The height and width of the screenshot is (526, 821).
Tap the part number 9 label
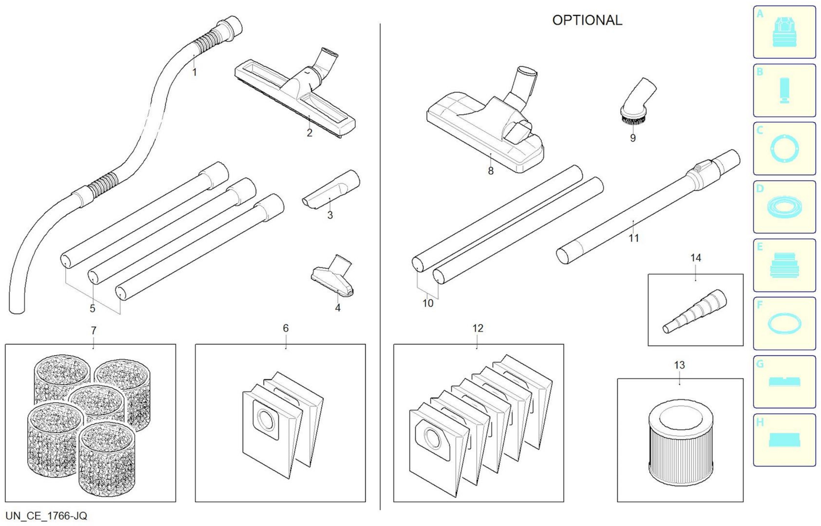click(x=633, y=138)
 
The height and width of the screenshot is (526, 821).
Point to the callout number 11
click(x=633, y=238)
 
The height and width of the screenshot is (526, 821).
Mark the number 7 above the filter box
click(x=93, y=331)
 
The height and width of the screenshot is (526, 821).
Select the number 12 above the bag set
click(x=477, y=328)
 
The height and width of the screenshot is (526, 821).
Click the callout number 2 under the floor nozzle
click(x=309, y=133)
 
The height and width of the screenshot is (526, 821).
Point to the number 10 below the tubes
click(x=428, y=303)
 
